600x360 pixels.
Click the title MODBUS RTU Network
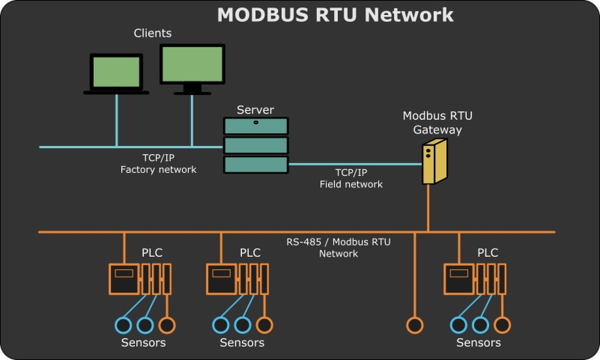click(335, 15)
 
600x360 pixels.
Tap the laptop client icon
click(117, 74)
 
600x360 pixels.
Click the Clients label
click(153, 33)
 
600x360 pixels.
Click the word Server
click(255, 110)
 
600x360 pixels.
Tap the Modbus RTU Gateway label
click(437, 123)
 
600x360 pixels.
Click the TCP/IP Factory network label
click(158, 164)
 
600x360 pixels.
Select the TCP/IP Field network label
click(351, 178)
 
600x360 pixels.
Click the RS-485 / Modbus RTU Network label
click(338, 248)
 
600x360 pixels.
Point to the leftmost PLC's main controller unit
click(124, 278)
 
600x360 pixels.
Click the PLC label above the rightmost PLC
click(488, 253)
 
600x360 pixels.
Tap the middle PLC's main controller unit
click(222, 278)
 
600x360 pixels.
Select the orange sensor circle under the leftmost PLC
click(167, 324)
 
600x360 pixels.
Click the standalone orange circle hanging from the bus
click(414, 324)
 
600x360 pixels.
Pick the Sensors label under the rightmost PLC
click(479, 342)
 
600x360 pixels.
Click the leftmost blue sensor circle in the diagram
click(123, 324)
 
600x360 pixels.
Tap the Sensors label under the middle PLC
click(242, 342)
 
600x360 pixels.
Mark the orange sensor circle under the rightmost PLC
click(502, 324)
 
